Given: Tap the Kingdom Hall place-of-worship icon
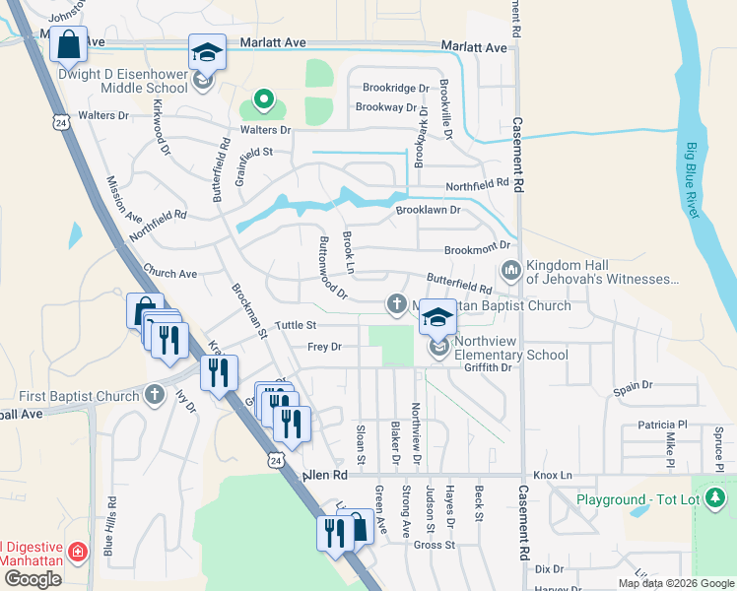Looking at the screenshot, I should [510, 269].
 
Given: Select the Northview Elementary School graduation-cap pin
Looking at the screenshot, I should [437, 317].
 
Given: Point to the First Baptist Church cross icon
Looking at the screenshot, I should [154, 396].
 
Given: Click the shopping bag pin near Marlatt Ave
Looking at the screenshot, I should [68, 44].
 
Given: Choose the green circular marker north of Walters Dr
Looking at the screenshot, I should [263, 98].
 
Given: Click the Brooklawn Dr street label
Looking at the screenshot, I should [429, 210].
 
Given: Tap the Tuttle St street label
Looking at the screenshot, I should [296, 325].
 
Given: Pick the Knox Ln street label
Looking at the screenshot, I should [552, 475].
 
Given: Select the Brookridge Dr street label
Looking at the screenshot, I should [396, 88].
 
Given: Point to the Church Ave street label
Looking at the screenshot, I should [169, 274].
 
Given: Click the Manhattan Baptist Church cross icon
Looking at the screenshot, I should [396, 302].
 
